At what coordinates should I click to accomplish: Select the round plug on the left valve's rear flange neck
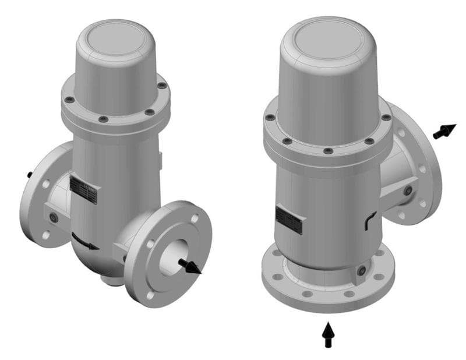tap(54, 217)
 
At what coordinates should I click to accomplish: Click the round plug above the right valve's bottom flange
tap(362, 270)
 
